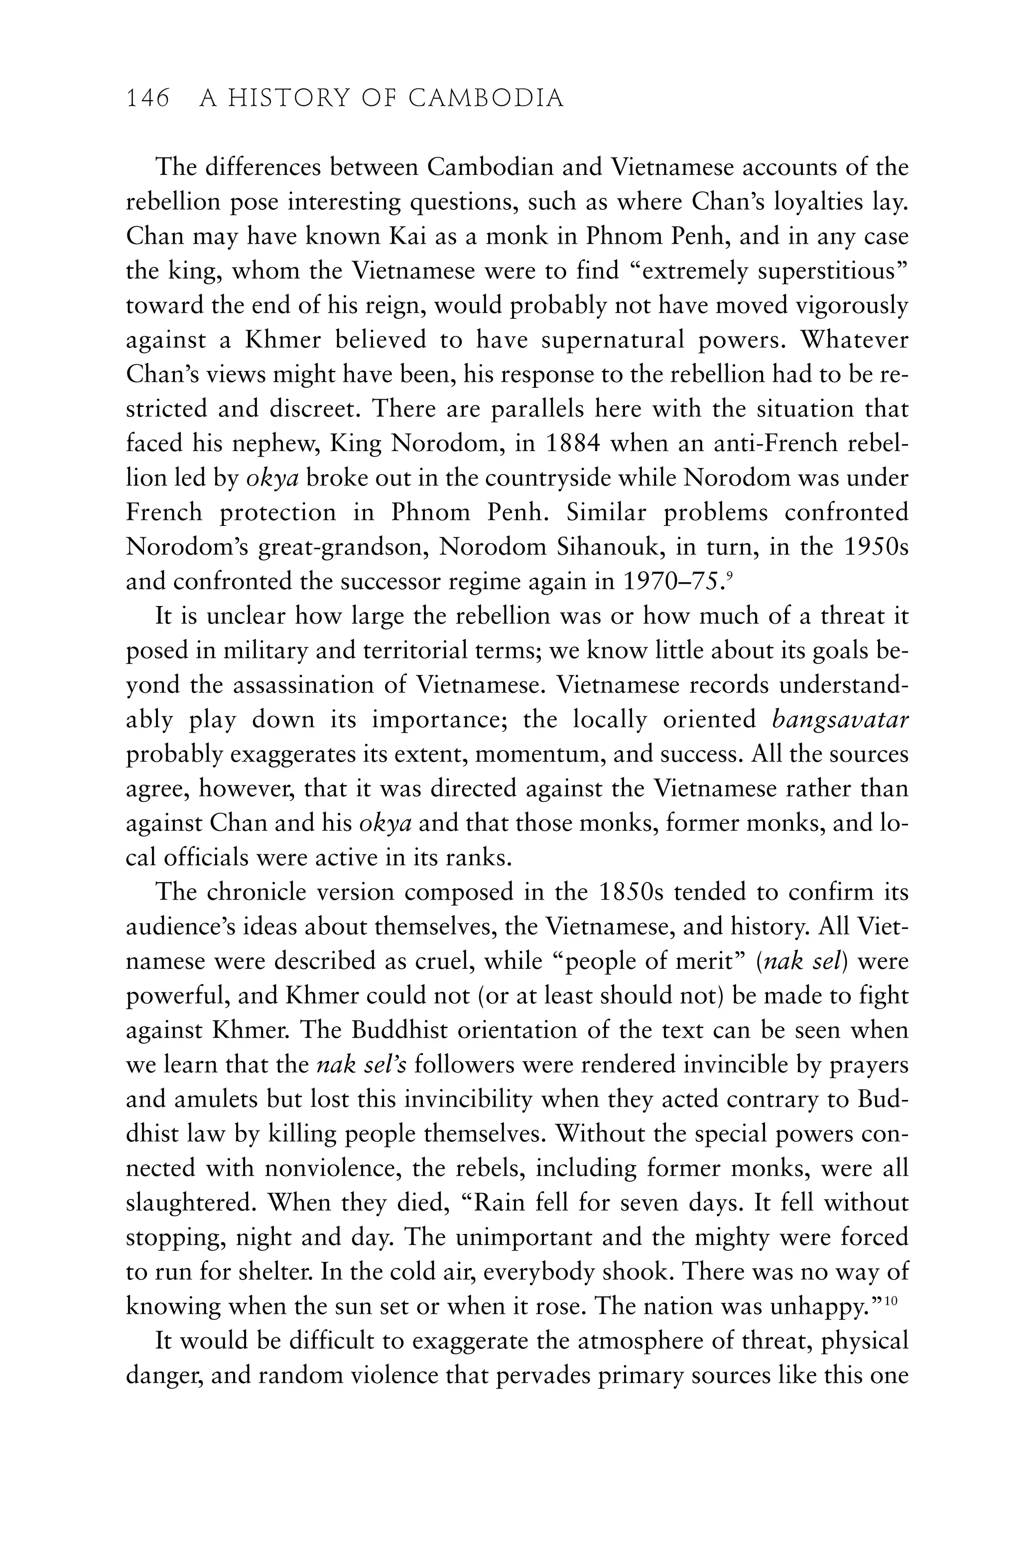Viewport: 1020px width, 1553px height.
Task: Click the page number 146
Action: tap(147, 99)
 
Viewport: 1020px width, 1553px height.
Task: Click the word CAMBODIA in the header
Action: tap(486, 99)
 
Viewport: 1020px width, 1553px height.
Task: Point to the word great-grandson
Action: tap(341, 547)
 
